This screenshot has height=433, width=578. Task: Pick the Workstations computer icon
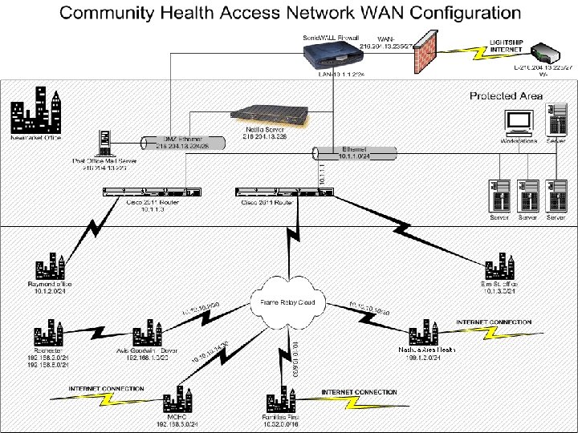click(518, 123)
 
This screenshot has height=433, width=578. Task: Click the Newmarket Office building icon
click(35, 111)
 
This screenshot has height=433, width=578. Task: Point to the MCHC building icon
click(174, 402)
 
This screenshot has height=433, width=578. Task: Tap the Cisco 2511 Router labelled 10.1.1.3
click(153, 191)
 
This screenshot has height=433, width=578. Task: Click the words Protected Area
click(506, 96)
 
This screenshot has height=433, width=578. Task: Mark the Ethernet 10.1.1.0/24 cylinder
click(352, 153)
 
